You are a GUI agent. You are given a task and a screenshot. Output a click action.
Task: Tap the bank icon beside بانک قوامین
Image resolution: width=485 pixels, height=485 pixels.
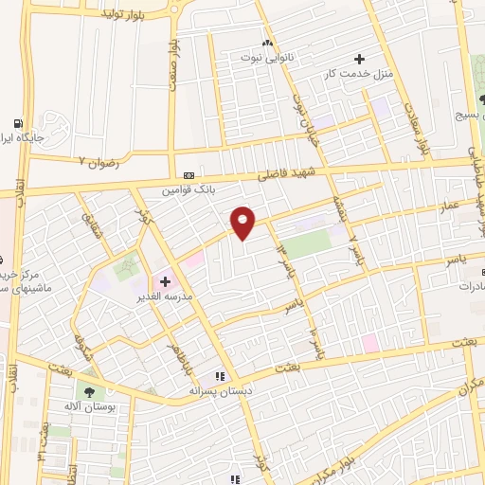[189, 175]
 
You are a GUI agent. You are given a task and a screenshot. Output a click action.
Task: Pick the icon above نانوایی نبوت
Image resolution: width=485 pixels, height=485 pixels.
[267, 44]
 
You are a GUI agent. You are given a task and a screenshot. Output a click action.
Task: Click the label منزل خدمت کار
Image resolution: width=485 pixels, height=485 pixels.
[359, 74]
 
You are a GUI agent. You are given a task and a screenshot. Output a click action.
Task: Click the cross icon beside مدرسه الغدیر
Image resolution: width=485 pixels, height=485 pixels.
[164, 281]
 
